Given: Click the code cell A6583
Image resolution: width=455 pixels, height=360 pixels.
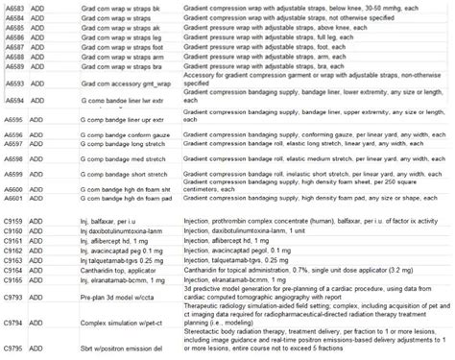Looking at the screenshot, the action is tap(14, 8).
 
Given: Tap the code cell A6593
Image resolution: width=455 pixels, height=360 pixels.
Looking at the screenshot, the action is tap(14, 84).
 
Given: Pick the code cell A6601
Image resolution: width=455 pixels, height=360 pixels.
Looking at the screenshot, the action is tap(14, 198).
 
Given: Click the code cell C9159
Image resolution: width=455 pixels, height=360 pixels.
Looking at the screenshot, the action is tap(14, 222).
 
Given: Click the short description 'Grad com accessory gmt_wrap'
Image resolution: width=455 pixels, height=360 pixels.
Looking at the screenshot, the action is tap(122, 84).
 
